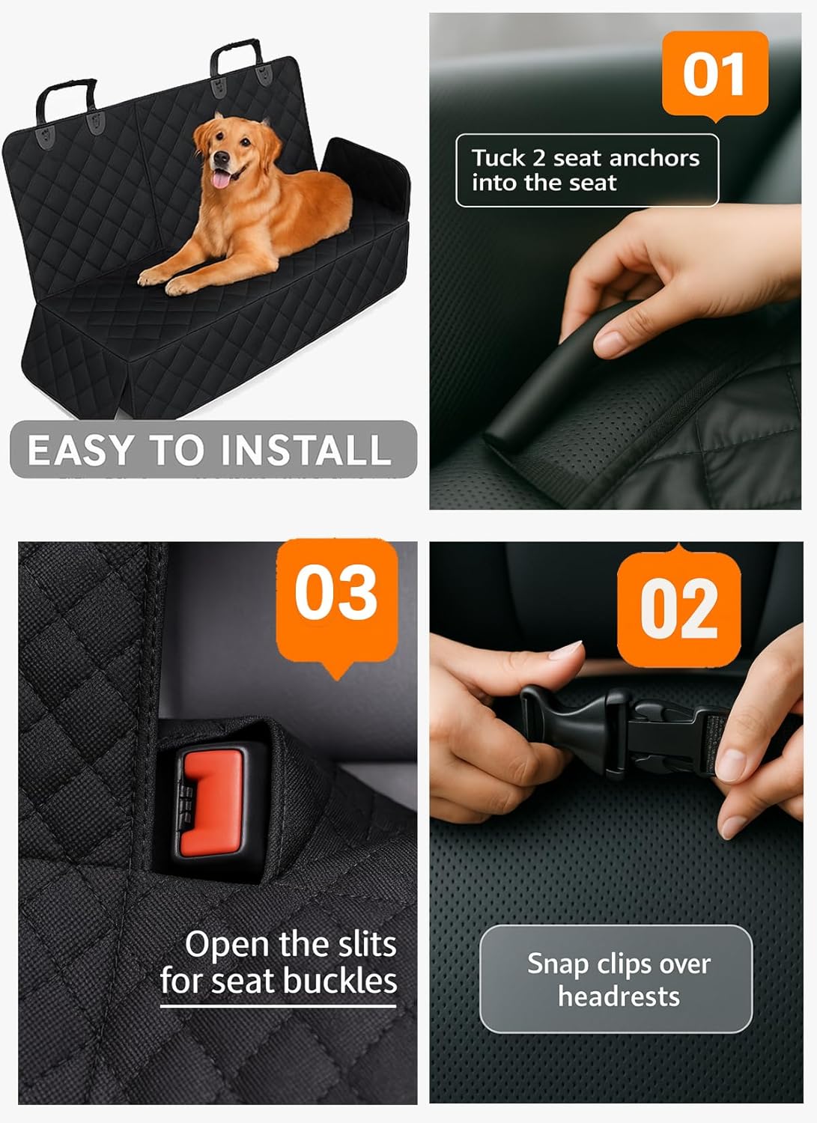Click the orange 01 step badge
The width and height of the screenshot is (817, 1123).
[715, 74]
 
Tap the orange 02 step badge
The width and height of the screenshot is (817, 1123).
[678, 609]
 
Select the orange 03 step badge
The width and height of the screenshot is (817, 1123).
[336, 592]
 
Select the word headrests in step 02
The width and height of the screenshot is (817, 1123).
[619, 996]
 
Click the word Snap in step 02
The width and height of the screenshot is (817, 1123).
[557, 964]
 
